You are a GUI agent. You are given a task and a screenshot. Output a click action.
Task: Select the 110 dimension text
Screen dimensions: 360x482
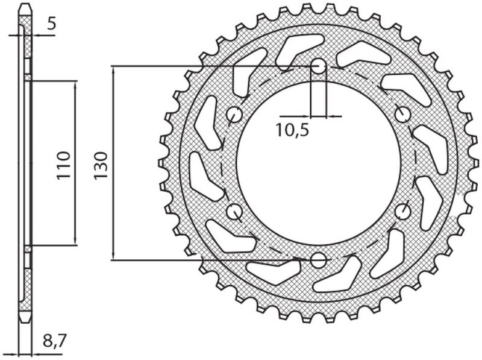64,163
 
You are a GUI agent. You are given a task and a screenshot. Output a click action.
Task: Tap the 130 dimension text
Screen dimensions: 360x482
101,163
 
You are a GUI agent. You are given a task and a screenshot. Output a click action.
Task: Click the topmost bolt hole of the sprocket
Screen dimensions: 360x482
319,66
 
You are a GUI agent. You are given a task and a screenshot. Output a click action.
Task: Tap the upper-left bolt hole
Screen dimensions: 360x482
234,115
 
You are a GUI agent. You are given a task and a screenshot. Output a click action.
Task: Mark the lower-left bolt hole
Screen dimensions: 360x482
234,212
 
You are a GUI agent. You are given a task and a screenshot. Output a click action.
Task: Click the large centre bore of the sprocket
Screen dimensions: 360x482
319,163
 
